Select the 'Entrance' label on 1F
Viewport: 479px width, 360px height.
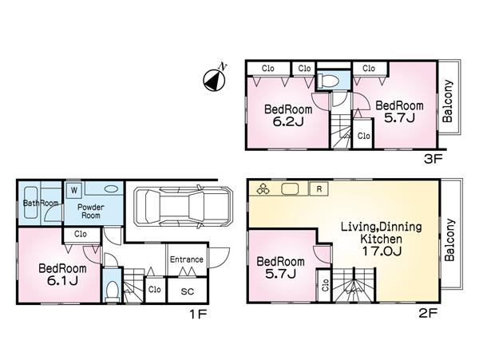[x=187, y=259]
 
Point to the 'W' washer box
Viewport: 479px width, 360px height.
[x=73, y=190]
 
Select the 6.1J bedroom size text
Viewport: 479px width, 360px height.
[x=57, y=280]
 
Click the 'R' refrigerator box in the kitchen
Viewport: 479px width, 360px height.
[x=319, y=189]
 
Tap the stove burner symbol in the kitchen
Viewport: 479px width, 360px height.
[x=263, y=190]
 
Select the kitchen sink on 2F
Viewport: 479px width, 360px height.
[x=291, y=189]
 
